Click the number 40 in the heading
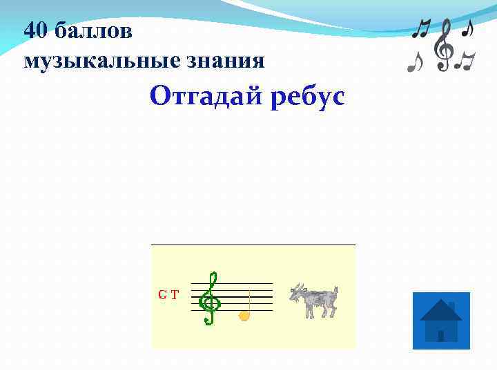pyautogui.click(x=36, y=30)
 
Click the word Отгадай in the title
pyautogui.click(x=199, y=97)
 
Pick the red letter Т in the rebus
pyautogui.click(x=175, y=295)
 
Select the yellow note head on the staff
pyautogui.click(x=243, y=316)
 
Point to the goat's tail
pyautogui.click(x=335, y=289)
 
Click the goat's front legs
pyautogui.click(x=309, y=312)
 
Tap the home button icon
pyautogui.click(x=440, y=321)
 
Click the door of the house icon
pyautogui.click(x=440, y=336)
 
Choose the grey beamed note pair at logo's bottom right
pyautogui.click(x=467, y=62)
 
